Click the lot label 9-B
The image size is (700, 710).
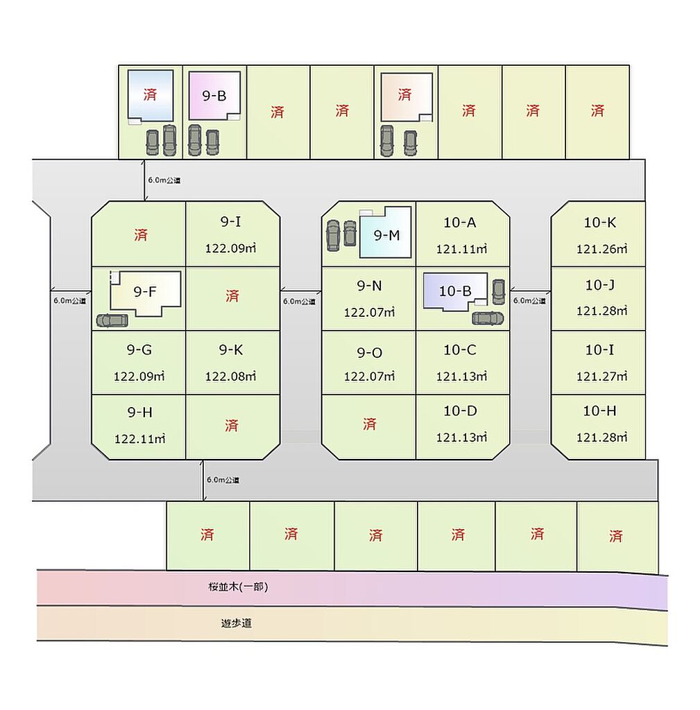coord(214,96)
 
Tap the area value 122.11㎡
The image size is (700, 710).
coord(139,439)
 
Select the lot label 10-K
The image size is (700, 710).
coord(600,223)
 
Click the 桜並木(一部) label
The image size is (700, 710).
coord(238,587)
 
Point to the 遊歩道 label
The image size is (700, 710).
coord(236,623)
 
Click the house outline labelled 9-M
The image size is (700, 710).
coord(386,233)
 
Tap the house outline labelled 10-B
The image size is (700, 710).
coord(455,291)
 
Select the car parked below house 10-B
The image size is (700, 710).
coord(488,318)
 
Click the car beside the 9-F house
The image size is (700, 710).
coord(112,320)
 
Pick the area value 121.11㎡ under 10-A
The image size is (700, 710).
coord(461,249)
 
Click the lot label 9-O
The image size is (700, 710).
coord(369,353)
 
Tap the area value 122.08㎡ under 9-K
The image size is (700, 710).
coord(230,376)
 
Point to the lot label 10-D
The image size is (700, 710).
coord(460,410)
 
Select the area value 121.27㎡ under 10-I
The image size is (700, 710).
coord(601,376)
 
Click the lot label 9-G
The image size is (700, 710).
coord(139,349)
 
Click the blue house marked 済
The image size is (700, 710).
coord(151,96)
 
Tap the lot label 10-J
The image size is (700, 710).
coord(600,285)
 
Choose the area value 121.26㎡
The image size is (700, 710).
coord(601,249)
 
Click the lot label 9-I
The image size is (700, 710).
coord(230,221)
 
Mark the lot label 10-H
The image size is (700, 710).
coord(599,410)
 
